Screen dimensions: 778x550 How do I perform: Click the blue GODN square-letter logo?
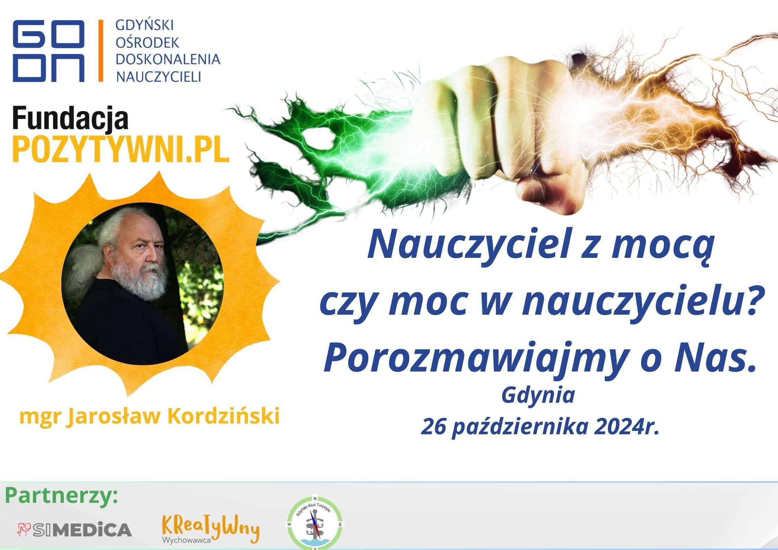tap(49, 51)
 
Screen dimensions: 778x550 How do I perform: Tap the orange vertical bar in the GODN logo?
tap(101, 51)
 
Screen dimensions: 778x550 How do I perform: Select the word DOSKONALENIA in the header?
tap(168, 59)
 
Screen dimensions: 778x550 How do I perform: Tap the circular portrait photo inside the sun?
tap(142, 283)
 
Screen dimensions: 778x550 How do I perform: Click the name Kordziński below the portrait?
tap(224, 416)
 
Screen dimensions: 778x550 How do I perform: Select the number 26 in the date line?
tap(433, 426)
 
